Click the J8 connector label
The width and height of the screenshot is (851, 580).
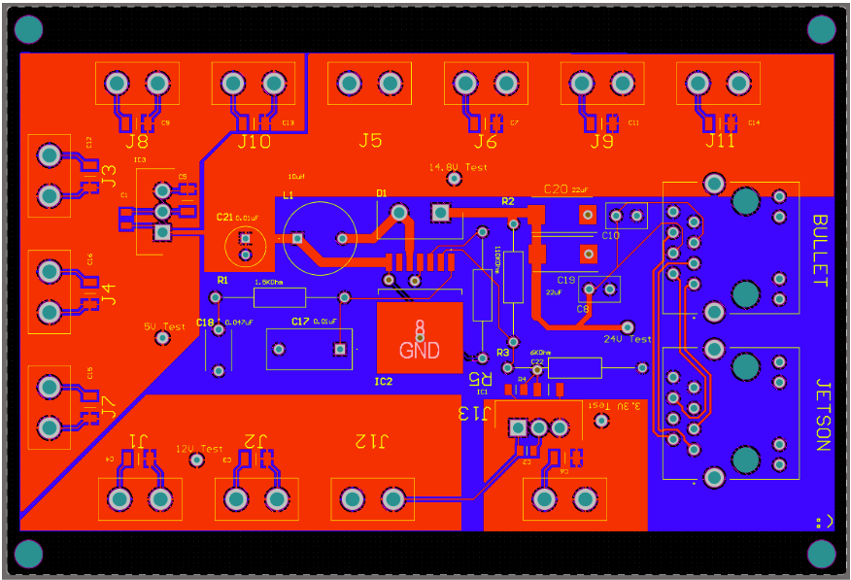pyautogui.click(x=137, y=142)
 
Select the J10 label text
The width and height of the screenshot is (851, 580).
pyautogui.click(x=254, y=142)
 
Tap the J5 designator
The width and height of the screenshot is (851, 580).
pyautogui.click(x=370, y=141)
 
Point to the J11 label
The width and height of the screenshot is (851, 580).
pyautogui.click(x=720, y=142)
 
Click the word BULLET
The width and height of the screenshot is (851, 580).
pyautogui.click(x=820, y=251)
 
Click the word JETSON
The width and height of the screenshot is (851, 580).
pyautogui.click(x=820, y=415)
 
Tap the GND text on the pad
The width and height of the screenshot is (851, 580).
pyautogui.click(x=420, y=351)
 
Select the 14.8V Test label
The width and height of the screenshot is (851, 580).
pyautogui.click(x=458, y=167)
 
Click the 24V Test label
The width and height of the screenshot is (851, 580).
pyautogui.click(x=628, y=339)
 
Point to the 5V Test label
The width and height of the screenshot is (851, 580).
pyautogui.click(x=163, y=327)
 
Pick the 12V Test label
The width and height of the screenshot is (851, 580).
pyautogui.click(x=198, y=449)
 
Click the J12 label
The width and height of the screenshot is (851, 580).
pyautogui.click(x=369, y=441)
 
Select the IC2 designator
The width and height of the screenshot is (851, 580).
pyautogui.click(x=384, y=382)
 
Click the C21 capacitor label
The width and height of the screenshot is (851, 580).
pyautogui.click(x=225, y=217)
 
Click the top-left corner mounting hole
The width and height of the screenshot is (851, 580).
pyautogui.click(x=29, y=30)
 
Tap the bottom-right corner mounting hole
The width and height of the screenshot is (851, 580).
pyautogui.click(x=821, y=554)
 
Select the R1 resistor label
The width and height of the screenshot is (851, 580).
pyautogui.click(x=222, y=280)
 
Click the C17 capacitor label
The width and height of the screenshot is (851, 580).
pyautogui.click(x=300, y=322)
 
